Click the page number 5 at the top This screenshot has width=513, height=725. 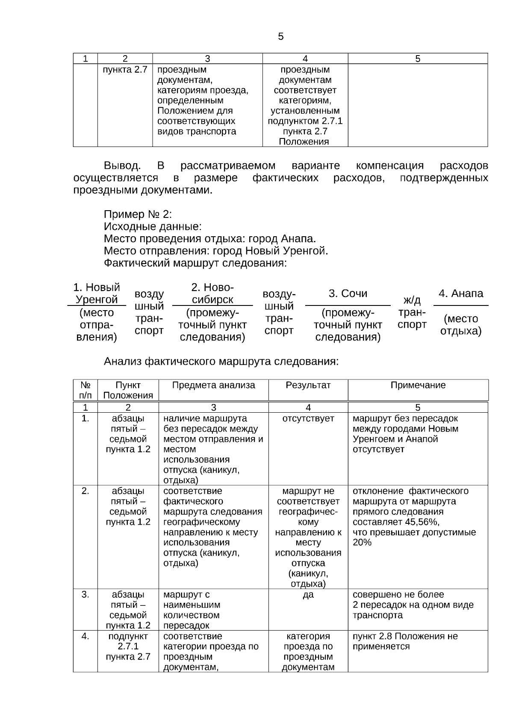(x=280, y=37)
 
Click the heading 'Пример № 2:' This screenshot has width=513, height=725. (x=138, y=214)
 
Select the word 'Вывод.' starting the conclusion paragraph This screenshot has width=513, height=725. (x=122, y=166)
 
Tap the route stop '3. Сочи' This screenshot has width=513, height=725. (x=348, y=294)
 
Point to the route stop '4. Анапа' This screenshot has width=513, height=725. (x=460, y=294)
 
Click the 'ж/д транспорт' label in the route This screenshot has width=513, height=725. (x=412, y=312)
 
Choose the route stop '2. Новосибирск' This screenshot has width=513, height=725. (x=212, y=293)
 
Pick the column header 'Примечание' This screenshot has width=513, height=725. (x=418, y=385)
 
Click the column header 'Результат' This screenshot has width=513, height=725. (x=308, y=385)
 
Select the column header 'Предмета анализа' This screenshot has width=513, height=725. (x=213, y=385)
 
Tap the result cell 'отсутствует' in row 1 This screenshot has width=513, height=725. (x=308, y=419)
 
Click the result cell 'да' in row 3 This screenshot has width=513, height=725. (x=308, y=595)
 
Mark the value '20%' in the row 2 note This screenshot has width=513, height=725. (x=362, y=543)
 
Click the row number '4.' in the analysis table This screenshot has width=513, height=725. (x=85, y=636)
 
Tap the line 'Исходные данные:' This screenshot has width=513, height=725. (x=152, y=226)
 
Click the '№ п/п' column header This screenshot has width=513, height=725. (x=85, y=390)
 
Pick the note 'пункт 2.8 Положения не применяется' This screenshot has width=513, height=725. (x=405, y=641)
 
